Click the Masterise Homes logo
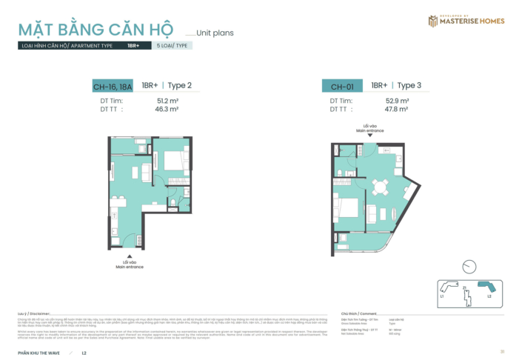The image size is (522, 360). coord(466,21)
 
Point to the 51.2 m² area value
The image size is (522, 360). coord(168,100)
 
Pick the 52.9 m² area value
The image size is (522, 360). coord(398,100)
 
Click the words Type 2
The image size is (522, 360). coord(180,85)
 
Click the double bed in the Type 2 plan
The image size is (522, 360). coord(174,160)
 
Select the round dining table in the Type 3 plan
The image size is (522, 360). coord(380,186)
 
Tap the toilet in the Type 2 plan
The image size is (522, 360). coord(174,201)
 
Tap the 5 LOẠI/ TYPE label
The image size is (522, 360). coord(173,45)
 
